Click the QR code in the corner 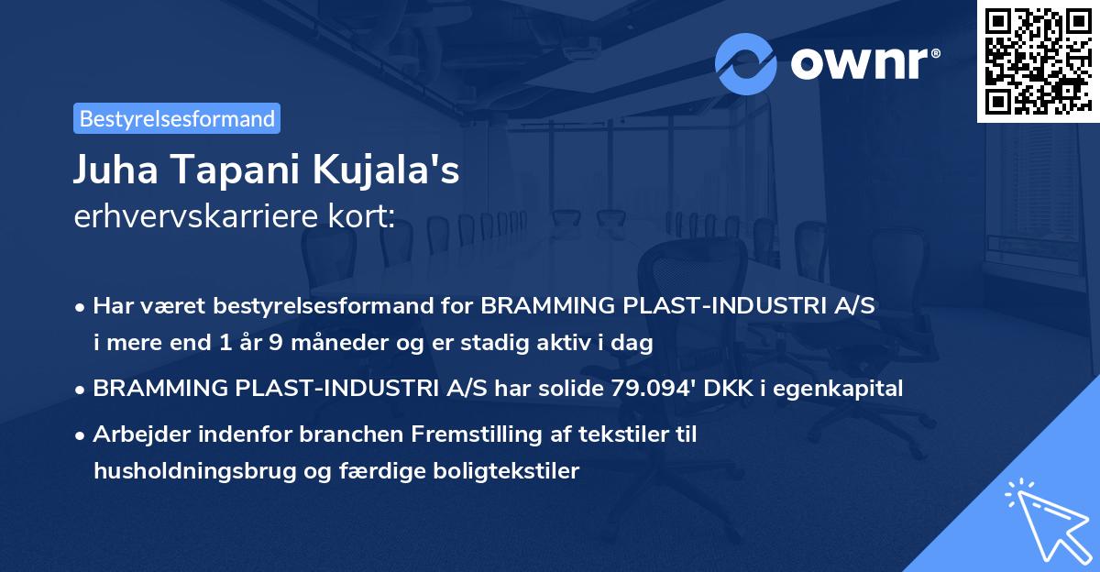(1039, 60)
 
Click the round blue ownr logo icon (746, 63)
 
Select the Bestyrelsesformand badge (177, 118)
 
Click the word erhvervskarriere (187, 218)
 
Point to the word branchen (304, 434)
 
